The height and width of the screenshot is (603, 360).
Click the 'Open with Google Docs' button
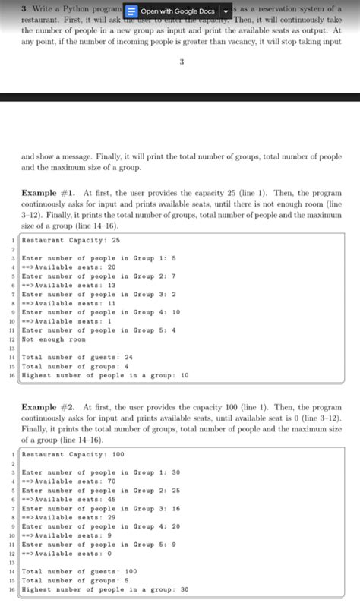(178, 11)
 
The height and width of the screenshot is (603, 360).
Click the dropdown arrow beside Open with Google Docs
(226, 11)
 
